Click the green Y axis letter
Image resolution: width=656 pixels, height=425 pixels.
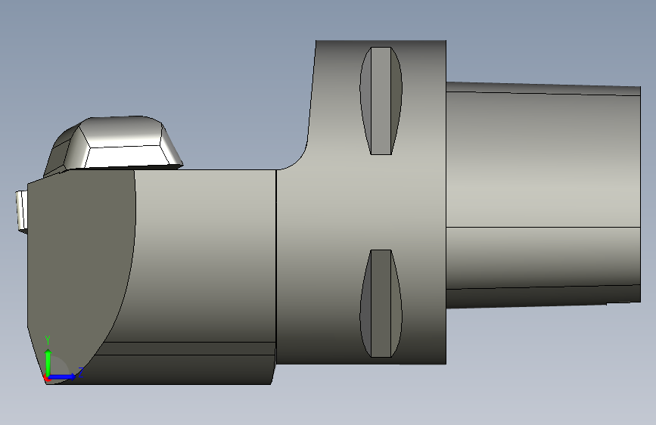(x=48, y=340)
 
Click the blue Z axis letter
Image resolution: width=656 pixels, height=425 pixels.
(x=81, y=372)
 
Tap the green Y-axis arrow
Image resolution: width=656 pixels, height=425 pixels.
(x=48, y=362)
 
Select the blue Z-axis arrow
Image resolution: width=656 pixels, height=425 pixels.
(x=62, y=377)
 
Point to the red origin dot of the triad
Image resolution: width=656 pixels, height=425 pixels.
(x=46, y=378)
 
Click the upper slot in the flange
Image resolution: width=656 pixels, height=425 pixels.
(x=381, y=101)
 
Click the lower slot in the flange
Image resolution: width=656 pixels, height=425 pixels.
(x=381, y=303)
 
